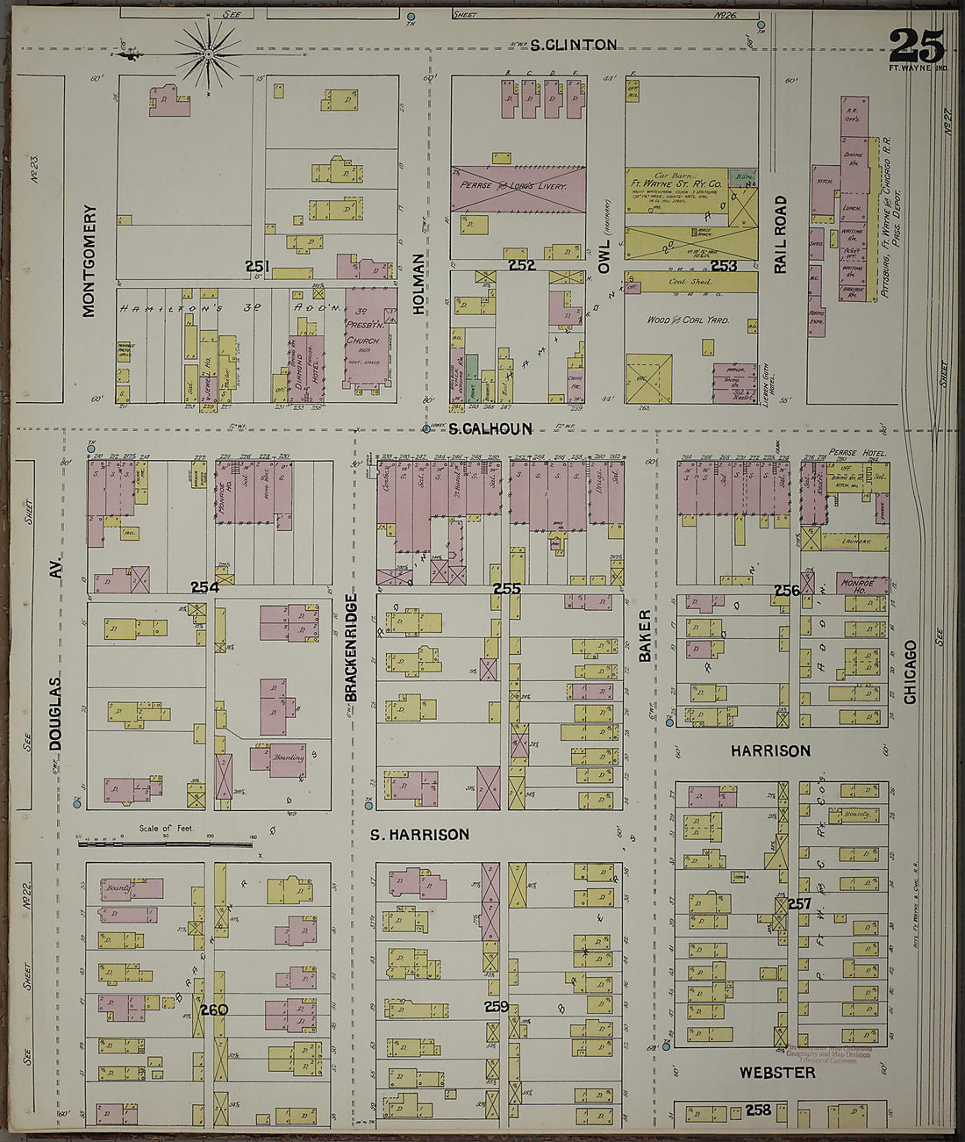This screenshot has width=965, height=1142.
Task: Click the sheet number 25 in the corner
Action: pyautogui.click(x=917, y=46)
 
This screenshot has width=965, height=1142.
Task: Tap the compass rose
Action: pyautogui.click(x=208, y=55)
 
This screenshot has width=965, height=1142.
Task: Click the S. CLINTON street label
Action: pyautogui.click(x=573, y=45)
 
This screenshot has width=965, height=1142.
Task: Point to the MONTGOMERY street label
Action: pyautogui.click(x=89, y=261)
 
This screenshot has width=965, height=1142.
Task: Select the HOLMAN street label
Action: pyautogui.click(x=418, y=284)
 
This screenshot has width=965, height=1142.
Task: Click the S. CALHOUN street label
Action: pyautogui.click(x=490, y=429)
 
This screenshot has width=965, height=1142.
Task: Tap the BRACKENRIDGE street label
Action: pyautogui.click(x=351, y=647)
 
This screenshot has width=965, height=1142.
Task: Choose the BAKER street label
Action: pyautogui.click(x=645, y=635)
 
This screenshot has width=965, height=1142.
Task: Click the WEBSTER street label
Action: pyautogui.click(x=776, y=1073)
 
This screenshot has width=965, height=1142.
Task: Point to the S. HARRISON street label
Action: pyautogui.click(x=419, y=835)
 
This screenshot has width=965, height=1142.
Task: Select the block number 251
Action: pyautogui.click(x=257, y=266)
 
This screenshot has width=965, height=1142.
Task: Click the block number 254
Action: pyautogui.click(x=204, y=586)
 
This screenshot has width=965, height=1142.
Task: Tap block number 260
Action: pyautogui.click(x=213, y=1009)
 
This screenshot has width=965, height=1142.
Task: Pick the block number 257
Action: pyautogui.click(x=799, y=903)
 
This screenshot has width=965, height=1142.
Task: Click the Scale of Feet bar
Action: pyautogui.click(x=167, y=844)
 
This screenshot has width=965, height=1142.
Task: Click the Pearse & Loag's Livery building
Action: pyautogui.click(x=518, y=188)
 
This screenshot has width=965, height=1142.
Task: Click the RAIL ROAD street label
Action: pyautogui.click(x=780, y=234)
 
